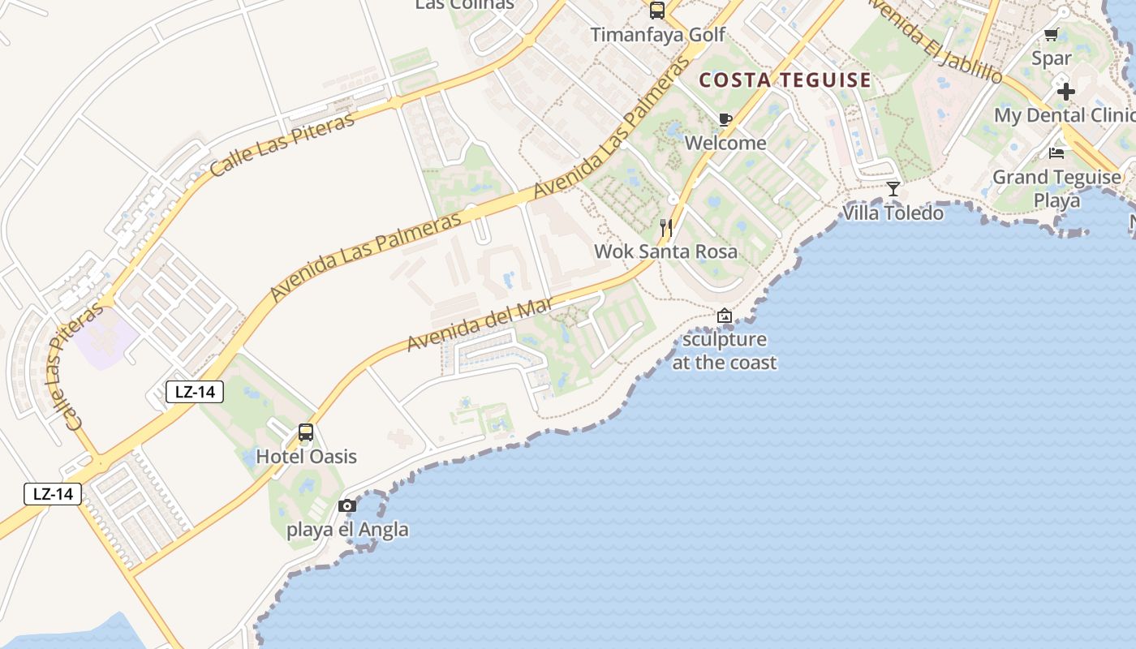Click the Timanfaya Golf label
click(x=657, y=36)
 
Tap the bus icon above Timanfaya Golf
click(x=657, y=11)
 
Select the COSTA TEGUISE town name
click(x=785, y=80)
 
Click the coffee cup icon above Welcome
click(x=725, y=120)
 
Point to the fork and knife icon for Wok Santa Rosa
click(x=666, y=228)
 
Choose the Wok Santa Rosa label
click(x=666, y=251)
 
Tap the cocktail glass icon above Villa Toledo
click(x=893, y=189)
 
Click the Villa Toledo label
click(x=893, y=213)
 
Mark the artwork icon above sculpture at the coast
click(x=725, y=316)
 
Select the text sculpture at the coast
click(x=725, y=351)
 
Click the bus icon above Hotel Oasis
click(x=306, y=432)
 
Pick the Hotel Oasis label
click(x=306, y=457)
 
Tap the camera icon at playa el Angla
click(x=347, y=506)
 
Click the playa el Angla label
click(x=347, y=531)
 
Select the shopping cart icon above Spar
click(x=1052, y=34)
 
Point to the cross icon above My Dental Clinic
click(x=1066, y=91)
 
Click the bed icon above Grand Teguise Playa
click(x=1056, y=153)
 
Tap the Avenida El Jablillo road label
click(x=935, y=41)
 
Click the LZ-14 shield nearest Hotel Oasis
click(x=195, y=392)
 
